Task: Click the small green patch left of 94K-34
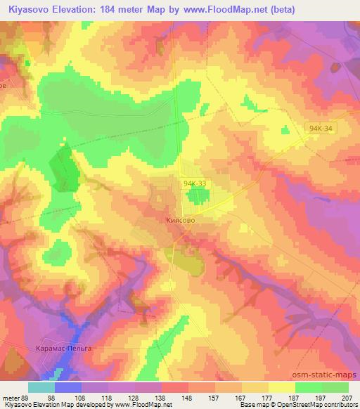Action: click(285, 130)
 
